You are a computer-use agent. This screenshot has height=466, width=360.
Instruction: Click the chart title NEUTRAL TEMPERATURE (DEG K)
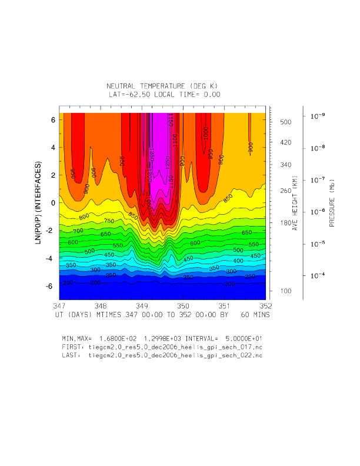point(165,86)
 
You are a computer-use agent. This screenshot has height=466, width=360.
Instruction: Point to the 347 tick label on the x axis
point(59,307)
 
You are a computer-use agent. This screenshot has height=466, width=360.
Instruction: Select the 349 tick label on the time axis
point(142,307)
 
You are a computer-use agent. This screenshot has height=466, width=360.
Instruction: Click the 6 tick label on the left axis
point(53,119)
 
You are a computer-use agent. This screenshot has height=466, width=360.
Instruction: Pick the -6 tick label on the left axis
point(51,286)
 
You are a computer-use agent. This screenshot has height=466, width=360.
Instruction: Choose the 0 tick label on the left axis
point(53,202)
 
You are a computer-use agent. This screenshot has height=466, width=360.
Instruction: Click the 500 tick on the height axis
point(286,122)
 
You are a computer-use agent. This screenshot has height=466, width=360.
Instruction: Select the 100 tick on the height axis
point(286,291)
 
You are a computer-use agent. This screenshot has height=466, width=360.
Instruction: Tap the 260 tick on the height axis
point(286,191)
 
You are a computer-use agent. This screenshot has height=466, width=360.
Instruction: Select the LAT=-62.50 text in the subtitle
point(132,94)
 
